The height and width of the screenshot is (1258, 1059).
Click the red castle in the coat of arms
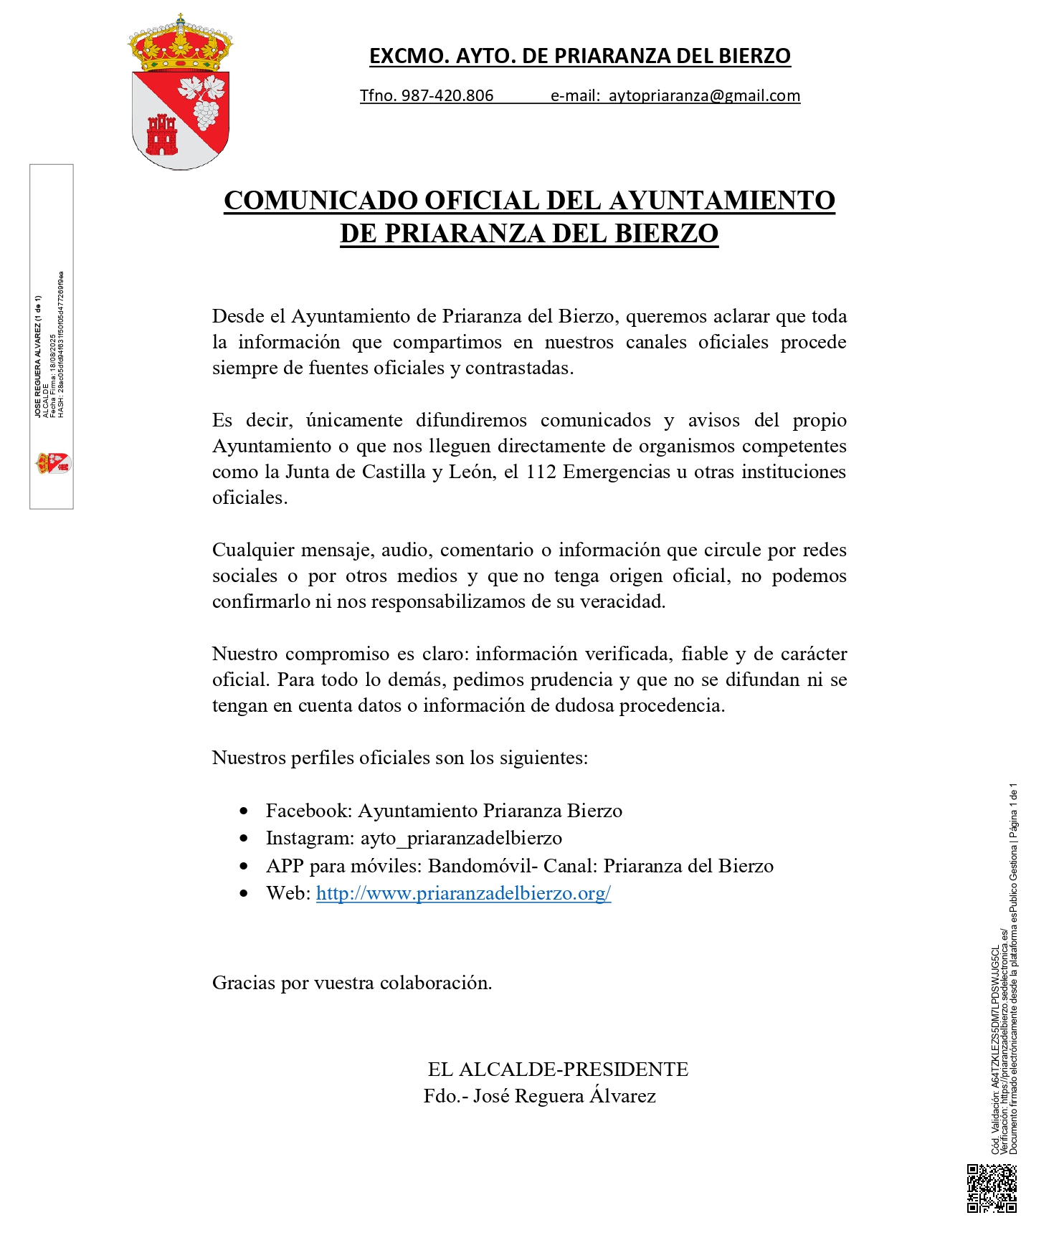(161, 135)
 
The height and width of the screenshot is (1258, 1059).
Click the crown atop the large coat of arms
(181, 44)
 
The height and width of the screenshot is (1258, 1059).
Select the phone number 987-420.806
(447, 96)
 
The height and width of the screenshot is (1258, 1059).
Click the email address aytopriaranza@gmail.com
(704, 96)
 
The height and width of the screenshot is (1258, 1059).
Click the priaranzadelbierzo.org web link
(463, 893)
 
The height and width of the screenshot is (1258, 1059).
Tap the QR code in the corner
(992, 1188)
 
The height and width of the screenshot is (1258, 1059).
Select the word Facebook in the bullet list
(308, 811)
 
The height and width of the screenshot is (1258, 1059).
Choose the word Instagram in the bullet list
(310, 838)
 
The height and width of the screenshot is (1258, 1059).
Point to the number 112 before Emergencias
(541, 472)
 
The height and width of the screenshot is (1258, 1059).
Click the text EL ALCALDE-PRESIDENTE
(558, 1069)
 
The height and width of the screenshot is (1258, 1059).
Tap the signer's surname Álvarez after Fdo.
(622, 1096)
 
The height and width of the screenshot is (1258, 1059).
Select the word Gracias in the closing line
(244, 983)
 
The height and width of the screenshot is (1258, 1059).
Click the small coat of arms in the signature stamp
(53, 463)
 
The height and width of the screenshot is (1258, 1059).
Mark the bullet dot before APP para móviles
(244, 866)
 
